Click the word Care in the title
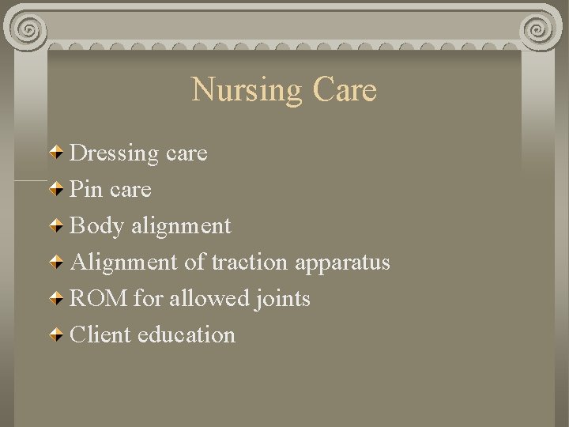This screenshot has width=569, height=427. tap(345, 90)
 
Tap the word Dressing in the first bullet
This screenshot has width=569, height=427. tap(114, 153)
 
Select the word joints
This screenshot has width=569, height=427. tap(282, 299)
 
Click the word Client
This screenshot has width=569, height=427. tap(100, 335)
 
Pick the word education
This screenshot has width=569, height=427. tap(187, 335)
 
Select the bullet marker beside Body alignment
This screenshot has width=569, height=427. tap(58, 225)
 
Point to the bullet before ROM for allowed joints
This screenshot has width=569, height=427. tap(58, 298)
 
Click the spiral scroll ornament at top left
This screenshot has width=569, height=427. tap(27, 31)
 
